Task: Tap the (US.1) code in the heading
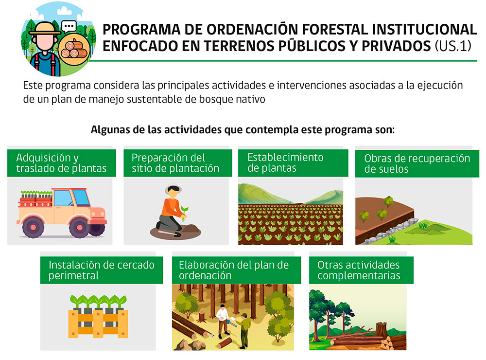[453, 46]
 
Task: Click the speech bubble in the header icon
[69, 27]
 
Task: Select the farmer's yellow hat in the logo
[45, 29]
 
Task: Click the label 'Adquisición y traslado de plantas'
[61, 163]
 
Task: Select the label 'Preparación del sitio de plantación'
[175, 163]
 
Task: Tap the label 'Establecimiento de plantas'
[285, 162]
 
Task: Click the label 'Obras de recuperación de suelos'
[417, 163]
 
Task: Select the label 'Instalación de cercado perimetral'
[102, 270]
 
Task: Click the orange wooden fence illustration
[98, 323]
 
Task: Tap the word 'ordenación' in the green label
[205, 275]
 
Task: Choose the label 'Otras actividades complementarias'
[359, 270]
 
